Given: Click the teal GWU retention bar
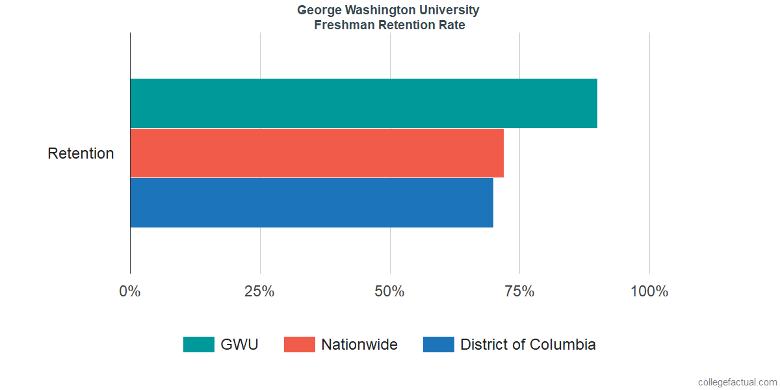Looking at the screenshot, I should point(363,103).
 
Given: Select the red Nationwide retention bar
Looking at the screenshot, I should point(317,153).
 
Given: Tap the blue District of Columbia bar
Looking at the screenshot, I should point(311,203).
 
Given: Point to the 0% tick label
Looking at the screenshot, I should point(130,291).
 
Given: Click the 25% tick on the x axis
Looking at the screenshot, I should point(259,291).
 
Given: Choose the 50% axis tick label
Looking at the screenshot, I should point(389,291).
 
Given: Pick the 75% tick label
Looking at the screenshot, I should point(519,291).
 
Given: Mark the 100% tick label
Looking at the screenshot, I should point(649,291).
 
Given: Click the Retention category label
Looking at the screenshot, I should point(81,153).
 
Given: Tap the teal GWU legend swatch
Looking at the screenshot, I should point(198,344).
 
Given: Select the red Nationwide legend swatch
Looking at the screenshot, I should point(300,344).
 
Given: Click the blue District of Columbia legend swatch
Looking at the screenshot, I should point(439,344).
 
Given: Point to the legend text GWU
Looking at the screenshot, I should point(239,344).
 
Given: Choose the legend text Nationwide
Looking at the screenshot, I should point(359,344).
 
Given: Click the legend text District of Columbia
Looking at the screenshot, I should point(528,344).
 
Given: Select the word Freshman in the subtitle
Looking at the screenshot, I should point(341,25).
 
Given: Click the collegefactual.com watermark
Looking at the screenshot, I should point(737,382).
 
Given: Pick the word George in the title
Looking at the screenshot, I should point(317,10).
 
